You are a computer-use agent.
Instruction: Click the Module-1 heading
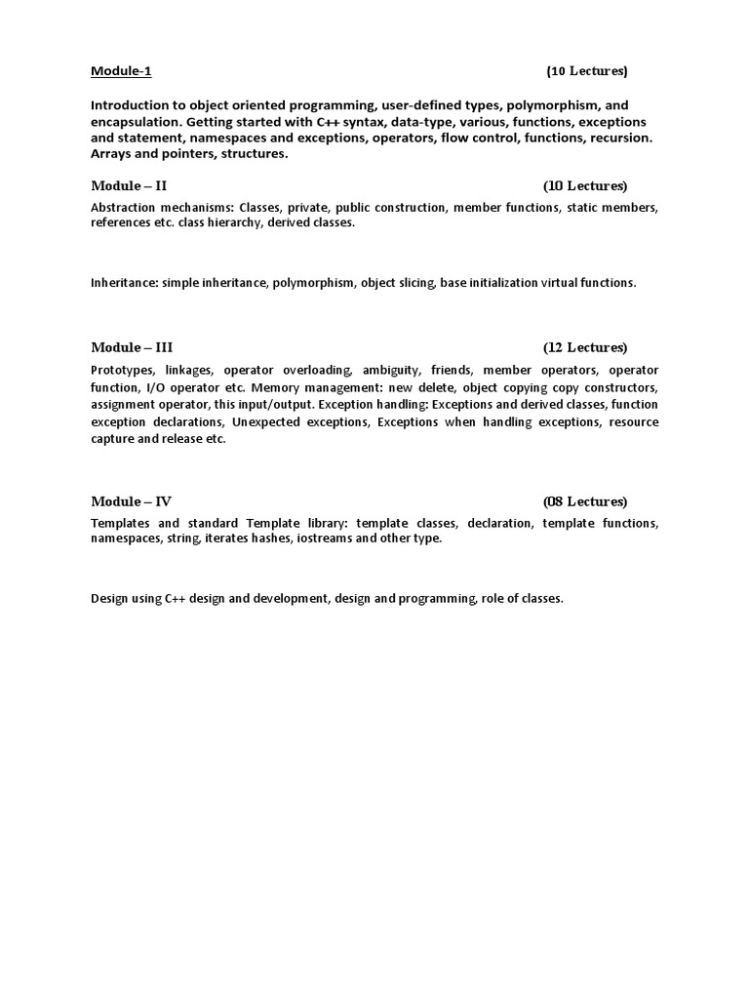[121, 71]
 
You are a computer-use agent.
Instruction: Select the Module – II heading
[136, 185]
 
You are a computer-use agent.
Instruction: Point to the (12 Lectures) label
[585, 347]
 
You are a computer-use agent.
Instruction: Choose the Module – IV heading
[132, 501]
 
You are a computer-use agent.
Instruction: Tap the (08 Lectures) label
[585, 501]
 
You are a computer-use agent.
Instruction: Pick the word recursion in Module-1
[620, 138]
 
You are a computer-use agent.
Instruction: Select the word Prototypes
[123, 371]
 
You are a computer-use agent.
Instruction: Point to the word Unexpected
[265, 421]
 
